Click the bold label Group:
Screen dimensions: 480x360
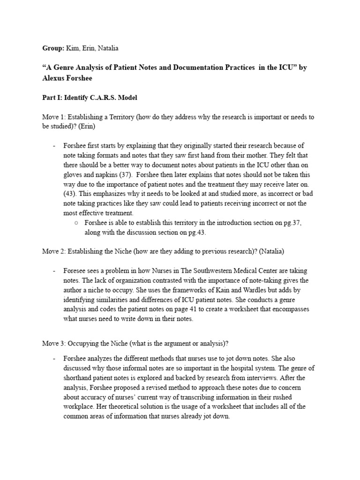click(x=52, y=48)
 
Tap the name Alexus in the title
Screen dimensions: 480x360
click(x=55, y=77)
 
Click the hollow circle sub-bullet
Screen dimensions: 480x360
click(x=76, y=223)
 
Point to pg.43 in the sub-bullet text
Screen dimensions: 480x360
click(x=196, y=232)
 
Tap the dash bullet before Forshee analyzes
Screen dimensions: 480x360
click(x=54, y=359)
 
